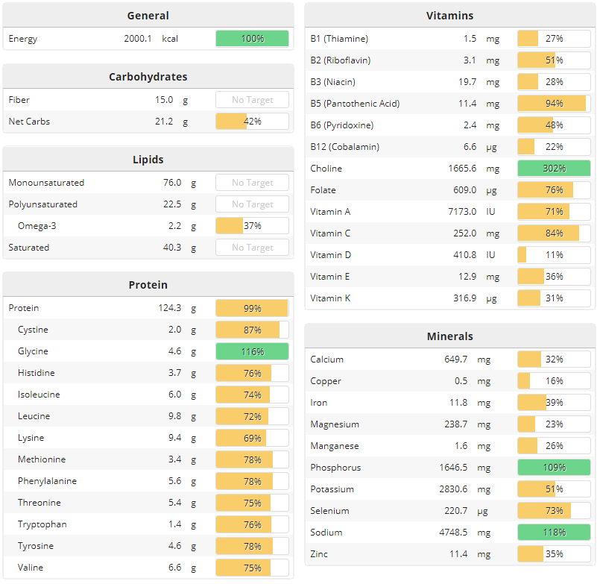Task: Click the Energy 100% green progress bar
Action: point(252,39)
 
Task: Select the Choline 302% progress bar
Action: point(554,169)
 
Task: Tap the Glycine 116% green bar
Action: point(252,351)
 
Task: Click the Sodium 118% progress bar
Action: point(554,533)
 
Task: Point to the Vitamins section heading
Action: point(449,16)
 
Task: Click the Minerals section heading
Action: point(449,336)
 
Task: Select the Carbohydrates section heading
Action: point(148,77)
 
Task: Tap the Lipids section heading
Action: point(148,160)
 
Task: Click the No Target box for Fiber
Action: point(252,100)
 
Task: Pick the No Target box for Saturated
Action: point(252,248)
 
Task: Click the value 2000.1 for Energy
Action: point(138,39)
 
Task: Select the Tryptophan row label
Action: point(42,524)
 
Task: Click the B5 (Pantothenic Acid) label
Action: point(355,104)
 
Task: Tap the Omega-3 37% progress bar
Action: point(252,226)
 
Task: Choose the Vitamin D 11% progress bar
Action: point(554,255)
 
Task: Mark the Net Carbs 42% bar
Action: point(252,122)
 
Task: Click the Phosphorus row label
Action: point(335,468)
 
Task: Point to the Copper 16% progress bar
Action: point(554,381)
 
